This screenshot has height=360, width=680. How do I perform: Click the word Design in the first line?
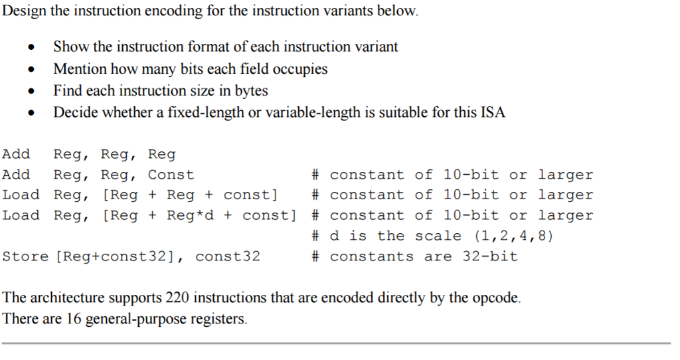(x=25, y=11)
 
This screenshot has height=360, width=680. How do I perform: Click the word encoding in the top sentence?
(x=159, y=11)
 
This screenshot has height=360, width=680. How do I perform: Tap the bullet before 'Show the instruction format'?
(x=31, y=48)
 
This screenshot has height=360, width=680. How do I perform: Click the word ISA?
(x=492, y=112)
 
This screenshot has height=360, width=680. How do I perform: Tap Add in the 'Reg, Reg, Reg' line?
(x=16, y=155)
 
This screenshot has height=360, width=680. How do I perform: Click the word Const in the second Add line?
(x=171, y=175)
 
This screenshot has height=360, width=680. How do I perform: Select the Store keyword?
(x=25, y=256)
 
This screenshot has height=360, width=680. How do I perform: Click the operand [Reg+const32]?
(x=120, y=256)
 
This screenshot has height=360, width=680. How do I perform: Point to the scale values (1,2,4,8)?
(x=513, y=236)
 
